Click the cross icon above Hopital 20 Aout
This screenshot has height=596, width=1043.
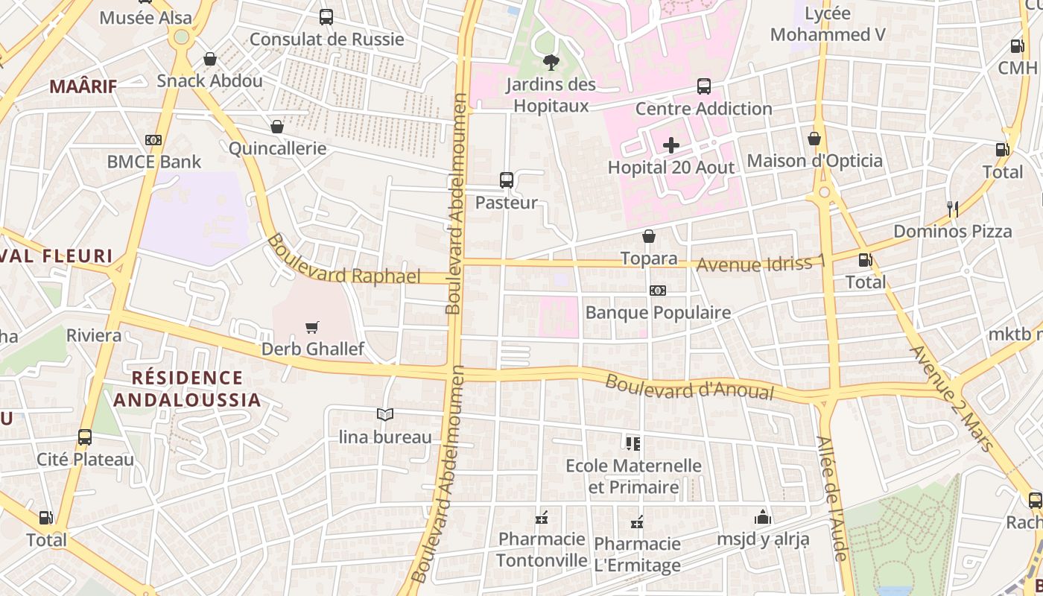(671, 145)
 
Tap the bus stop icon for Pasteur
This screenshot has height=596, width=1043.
(507, 180)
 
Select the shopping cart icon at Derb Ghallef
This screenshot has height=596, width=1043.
(312, 327)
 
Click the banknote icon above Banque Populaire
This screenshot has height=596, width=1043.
(657, 291)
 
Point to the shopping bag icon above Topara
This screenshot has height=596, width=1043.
(649, 236)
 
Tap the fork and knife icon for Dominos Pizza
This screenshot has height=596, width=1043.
(952, 209)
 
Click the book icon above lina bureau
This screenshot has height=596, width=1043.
(384, 414)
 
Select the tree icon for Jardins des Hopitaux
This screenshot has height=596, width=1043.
(551, 62)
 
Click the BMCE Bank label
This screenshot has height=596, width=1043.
(153, 162)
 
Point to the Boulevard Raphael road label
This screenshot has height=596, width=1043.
(343, 260)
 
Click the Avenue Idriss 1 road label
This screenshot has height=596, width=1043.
(761, 264)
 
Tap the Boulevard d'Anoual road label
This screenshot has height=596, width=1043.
(689, 386)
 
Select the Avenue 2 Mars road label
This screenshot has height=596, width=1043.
(951, 397)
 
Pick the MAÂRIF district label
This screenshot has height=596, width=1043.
(83, 86)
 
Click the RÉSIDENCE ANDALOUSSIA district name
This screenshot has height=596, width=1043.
(187, 388)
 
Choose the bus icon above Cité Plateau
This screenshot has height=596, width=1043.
(85, 437)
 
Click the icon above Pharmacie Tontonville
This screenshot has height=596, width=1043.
(542, 517)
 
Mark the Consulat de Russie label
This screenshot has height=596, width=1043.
(326, 39)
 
